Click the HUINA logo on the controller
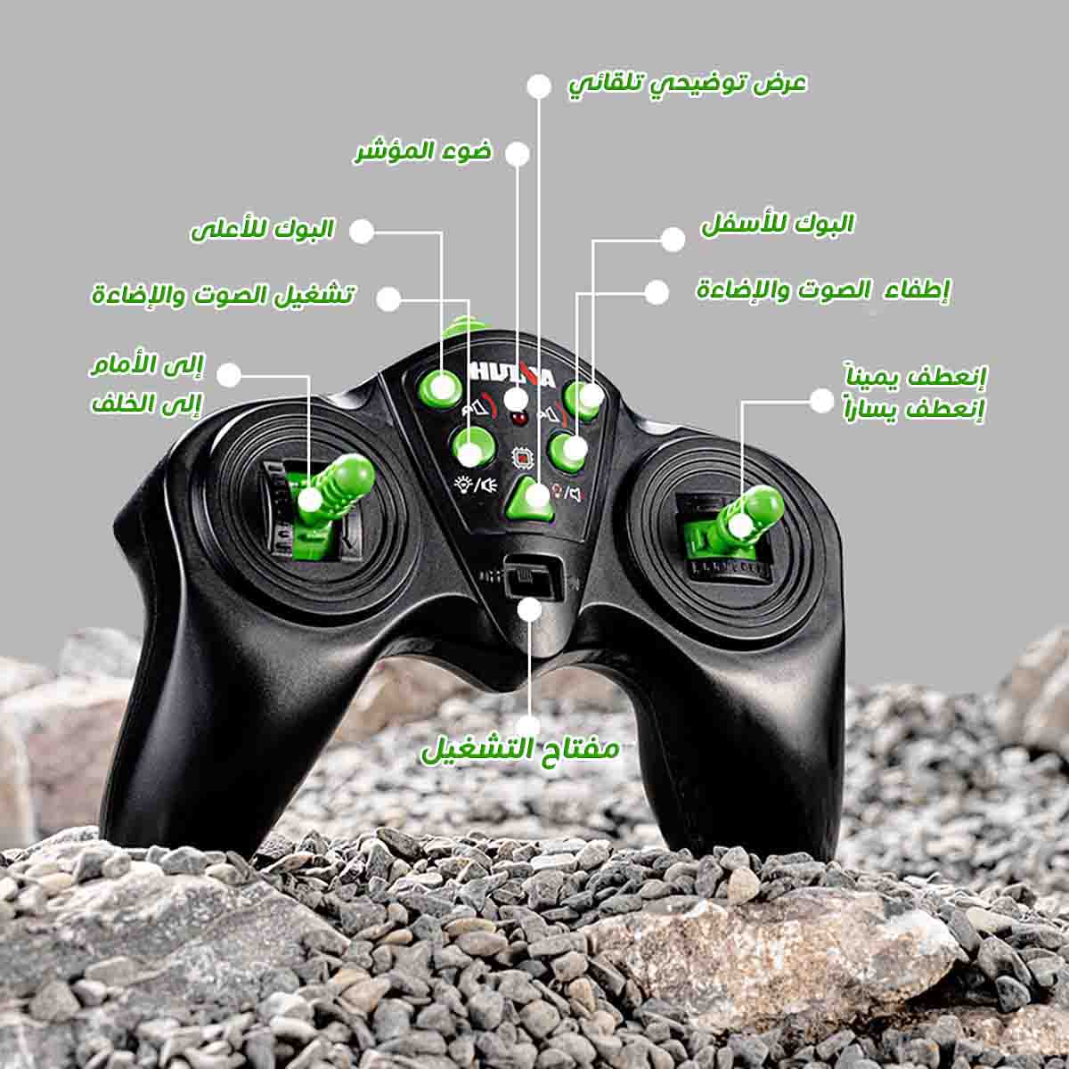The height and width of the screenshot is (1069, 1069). pyautogui.click(x=511, y=374)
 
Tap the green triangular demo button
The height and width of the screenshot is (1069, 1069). pyautogui.click(x=531, y=498)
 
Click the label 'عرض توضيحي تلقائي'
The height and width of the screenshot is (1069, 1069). pyautogui.click(x=688, y=85)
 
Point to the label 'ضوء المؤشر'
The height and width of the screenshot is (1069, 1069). pyautogui.click(x=423, y=151)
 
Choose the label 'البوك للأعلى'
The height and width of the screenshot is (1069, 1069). pyautogui.click(x=263, y=230)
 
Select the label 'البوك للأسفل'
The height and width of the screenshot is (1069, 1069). pyautogui.click(x=778, y=224)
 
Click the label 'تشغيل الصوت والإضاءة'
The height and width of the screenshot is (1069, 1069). pyautogui.click(x=223, y=295)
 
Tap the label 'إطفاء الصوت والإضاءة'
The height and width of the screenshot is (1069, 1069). pyautogui.click(x=823, y=290)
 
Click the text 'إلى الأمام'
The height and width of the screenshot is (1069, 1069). pyautogui.click(x=148, y=365)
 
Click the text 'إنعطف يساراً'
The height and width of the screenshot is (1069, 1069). pyautogui.click(x=913, y=411)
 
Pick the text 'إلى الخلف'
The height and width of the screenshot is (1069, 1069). pyautogui.click(x=146, y=404)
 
